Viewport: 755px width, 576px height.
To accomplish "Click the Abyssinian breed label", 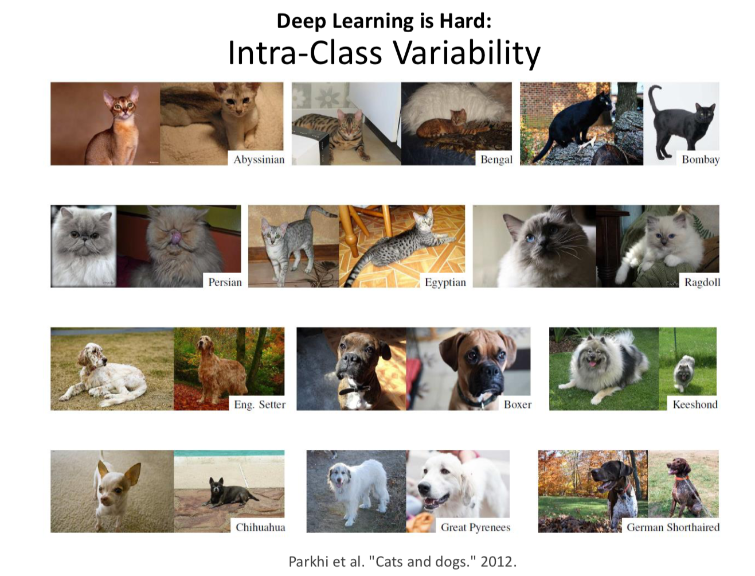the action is [x=259, y=159].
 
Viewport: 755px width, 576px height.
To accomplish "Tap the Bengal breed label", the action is [x=496, y=159].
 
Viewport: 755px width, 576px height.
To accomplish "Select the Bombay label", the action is [x=701, y=159].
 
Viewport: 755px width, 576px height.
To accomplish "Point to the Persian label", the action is [x=225, y=282].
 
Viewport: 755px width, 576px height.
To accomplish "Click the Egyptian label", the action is [x=445, y=282].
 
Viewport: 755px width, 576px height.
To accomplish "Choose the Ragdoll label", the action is [x=702, y=282].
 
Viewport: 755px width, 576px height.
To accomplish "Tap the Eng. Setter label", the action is [x=260, y=404].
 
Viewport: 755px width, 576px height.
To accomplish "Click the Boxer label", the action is [x=518, y=404].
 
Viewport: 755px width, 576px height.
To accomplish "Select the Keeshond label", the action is [x=695, y=404].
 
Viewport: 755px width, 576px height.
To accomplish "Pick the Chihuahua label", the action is [x=260, y=527].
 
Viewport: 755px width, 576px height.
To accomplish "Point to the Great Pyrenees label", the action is [x=476, y=527].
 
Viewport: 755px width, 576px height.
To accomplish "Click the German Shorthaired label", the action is [x=673, y=527].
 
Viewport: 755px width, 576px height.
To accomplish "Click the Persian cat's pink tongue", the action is [x=175, y=238].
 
